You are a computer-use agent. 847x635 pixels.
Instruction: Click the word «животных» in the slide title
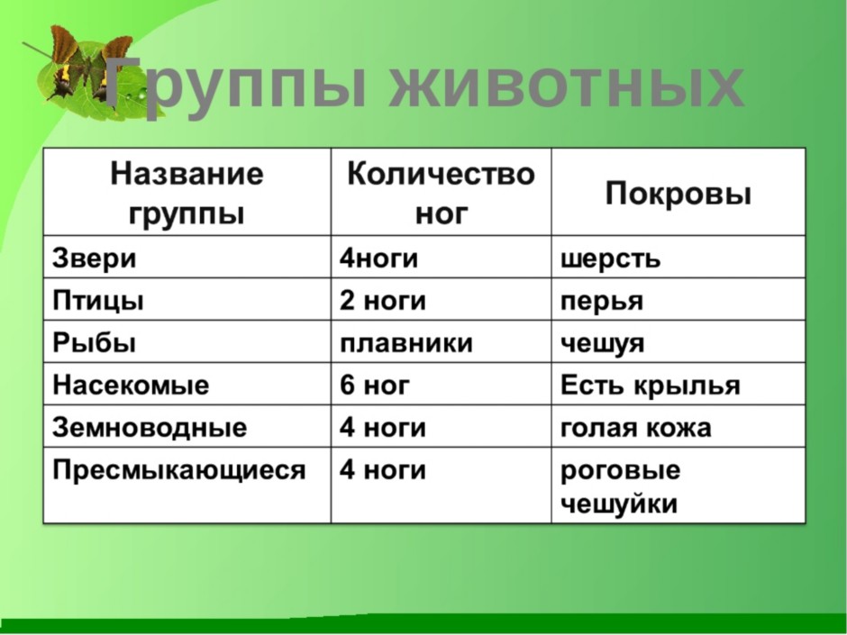coord(566,85)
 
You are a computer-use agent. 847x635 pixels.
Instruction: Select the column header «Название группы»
coord(187,194)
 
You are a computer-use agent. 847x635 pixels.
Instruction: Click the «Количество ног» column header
coord(441,194)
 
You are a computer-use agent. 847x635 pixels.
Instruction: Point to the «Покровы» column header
coord(678,194)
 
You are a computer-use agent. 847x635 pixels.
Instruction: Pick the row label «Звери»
coord(94,259)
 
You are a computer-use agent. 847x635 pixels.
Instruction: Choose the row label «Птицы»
coord(98,301)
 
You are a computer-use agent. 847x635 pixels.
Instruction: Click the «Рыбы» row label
coord(94,343)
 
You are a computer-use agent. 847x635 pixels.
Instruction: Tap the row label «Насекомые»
coord(131,386)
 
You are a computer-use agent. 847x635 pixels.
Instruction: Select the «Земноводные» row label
coord(150,428)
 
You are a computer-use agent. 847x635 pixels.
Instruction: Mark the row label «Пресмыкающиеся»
coord(178,470)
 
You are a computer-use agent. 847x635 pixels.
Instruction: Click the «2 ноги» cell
coord(382,301)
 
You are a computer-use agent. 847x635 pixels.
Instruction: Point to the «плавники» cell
coord(406,343)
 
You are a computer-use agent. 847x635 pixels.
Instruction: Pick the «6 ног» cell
coord(374,386)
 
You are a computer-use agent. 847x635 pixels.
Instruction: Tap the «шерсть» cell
coord(610,259)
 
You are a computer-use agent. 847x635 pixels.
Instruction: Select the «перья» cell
coord(602,302)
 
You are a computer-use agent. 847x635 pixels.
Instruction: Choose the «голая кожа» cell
coord(636,428)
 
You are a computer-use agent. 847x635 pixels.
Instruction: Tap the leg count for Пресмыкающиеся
coord(382,470)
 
